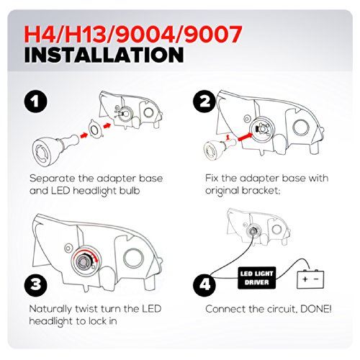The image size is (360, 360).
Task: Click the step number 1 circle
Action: [35, 102]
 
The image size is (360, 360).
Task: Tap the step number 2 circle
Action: [204, 102]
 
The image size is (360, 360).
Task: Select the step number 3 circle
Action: [35, 284]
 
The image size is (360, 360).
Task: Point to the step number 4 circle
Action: [204, 284]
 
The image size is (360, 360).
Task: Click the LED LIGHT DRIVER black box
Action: [256, 278]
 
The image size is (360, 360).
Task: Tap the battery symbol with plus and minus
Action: [310, 279]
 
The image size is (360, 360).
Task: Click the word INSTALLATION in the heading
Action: [104, 55]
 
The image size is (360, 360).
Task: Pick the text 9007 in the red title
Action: [213, 35]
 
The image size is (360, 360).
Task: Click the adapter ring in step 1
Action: [94, 129]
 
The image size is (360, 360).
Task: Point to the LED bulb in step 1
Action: [55, 150]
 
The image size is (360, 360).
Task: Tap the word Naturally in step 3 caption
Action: [51, 310]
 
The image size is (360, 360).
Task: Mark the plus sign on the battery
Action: [305, 279]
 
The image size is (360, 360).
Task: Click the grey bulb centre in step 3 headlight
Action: [84, 261]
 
